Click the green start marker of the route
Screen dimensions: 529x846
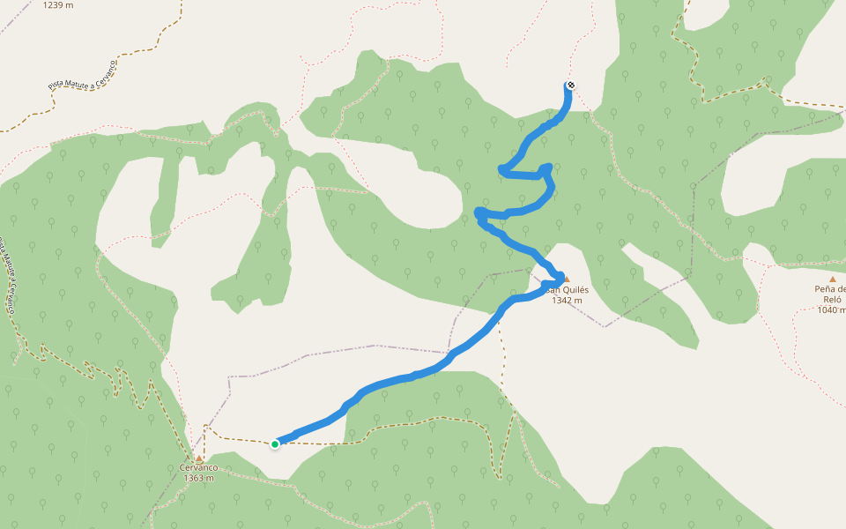pyautogui.click(x=275, y=443)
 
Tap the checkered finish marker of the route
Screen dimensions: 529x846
pyautogui.click(x=570, y=86)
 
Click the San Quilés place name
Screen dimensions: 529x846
pyautogui.click(x=566, y=289)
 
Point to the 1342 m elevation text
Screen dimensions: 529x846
pyautogui.click(x=567, y=301)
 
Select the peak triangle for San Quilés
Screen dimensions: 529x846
pyautogui.click(x=554, y=277)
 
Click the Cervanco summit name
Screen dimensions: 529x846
pyautogui.click(x=198, y=468)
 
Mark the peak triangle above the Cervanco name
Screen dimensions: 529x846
pyautogui.click(x=199, y=458)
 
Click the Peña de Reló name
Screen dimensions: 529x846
pyautogui.click(x=830, y=294)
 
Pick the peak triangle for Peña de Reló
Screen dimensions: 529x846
pyautogui.click(x=832, y=279)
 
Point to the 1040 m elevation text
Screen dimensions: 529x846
pyautogui.click(x=831, y=309)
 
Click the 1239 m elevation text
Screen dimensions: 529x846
pyautogui.click(x=57, y=4)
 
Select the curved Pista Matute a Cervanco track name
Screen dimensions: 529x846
pyautogui.click(x=83, y=75)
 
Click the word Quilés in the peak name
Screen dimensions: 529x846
pyautogui.click(x=574, y=289)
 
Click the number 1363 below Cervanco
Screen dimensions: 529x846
pyautogui.click(x=193, y=479)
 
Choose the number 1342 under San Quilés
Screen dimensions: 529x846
pyautogui.click(x=561, y=301)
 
